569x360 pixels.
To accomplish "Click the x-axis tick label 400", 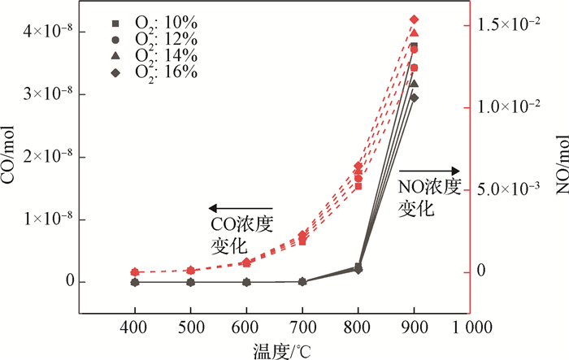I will (x=135, y=327).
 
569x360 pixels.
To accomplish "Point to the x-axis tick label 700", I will (x=302, y=327).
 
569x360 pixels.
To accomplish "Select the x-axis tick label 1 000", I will (x=467, y=327).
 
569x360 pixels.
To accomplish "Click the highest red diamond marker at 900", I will (x=414, y=20).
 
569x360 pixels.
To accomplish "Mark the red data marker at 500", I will (x=190, y=270).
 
